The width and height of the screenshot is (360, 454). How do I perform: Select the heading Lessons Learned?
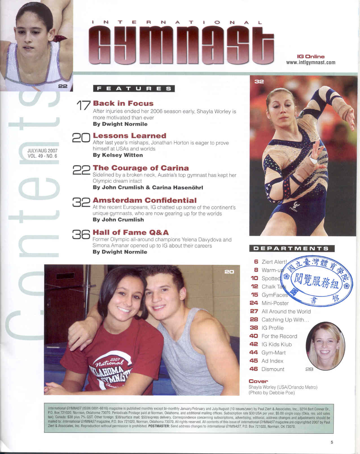[x=129, y=136]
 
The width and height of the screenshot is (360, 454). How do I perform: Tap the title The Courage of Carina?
[x=141, y=168]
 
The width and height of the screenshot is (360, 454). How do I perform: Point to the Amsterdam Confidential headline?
[x=144, y=200]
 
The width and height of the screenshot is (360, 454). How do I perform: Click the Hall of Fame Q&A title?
[x=131, y=233]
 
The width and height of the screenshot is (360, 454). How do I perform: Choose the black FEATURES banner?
[x=134, y=89]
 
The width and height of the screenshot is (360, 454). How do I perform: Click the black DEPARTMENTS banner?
[x=292, y=249]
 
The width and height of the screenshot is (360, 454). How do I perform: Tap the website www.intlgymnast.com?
[x=311, y=63]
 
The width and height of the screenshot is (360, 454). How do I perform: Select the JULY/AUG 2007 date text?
[x=42, y=151]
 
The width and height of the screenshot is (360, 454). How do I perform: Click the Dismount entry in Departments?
[x=273, y=369]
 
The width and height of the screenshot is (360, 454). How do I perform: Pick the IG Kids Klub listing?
[x=276, y=344]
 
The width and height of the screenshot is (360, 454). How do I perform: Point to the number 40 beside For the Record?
[x=254, y=336]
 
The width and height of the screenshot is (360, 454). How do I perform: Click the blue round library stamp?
[x=317, y=281]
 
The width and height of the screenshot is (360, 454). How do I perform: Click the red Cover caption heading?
[x=258, y=381]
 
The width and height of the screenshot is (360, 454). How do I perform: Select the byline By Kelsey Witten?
[x=118, y=155]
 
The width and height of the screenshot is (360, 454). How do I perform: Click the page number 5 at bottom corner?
[x=332, y=442]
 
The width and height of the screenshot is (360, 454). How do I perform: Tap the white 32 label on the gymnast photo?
[x=259, y=82]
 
